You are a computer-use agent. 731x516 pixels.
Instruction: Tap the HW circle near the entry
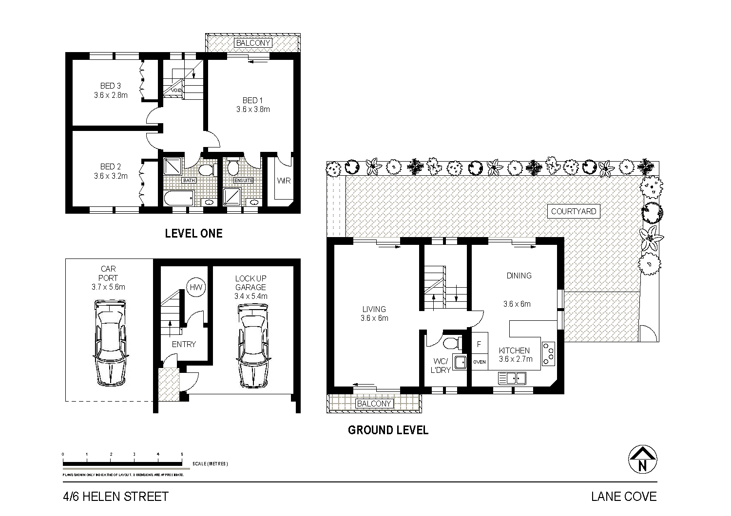[196, 287]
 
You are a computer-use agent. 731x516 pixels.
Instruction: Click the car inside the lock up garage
[252, 346]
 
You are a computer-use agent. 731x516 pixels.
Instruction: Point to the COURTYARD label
[573, 211]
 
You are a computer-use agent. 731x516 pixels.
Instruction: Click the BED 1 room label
[253, 105]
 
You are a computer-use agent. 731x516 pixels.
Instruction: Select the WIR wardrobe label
[284, 181]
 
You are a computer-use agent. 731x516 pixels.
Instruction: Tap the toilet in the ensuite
[233, 167]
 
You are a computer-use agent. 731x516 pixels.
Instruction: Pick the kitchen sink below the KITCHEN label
[512, 377]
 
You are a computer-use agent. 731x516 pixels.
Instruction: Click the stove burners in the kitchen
[549, 353]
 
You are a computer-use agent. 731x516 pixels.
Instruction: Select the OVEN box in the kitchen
[480, 362]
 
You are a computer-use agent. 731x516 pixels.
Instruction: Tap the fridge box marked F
[480, 344]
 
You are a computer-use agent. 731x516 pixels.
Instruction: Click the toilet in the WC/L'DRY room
[451, 342]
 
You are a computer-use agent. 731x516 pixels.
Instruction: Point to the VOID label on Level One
[176, 90]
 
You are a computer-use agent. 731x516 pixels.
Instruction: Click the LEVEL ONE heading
[193, 233]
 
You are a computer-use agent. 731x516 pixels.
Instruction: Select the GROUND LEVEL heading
[388, 430]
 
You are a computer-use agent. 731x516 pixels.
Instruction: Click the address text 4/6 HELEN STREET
[116, 497]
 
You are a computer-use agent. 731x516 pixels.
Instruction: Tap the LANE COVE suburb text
[624, 497]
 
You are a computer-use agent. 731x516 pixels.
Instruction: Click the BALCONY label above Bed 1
[253, 43]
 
